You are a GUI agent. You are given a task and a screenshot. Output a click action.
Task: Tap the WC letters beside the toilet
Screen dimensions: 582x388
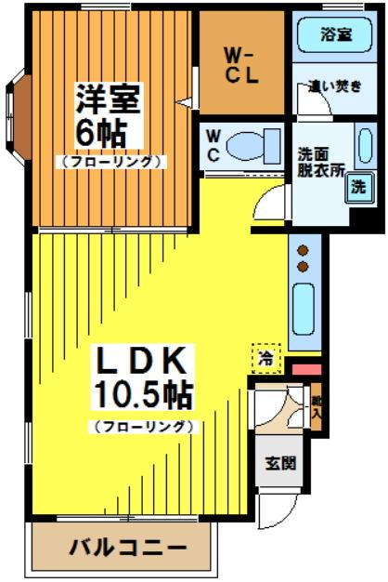point(213,145)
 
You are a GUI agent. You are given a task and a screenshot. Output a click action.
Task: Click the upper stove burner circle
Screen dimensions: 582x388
point(303,249)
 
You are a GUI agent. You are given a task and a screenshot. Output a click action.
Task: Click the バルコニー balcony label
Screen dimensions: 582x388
point(126,546)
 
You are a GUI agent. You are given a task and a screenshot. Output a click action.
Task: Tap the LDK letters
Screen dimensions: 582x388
point(144,361)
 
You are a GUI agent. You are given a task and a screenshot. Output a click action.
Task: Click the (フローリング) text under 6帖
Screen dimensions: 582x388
point(113,161)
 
